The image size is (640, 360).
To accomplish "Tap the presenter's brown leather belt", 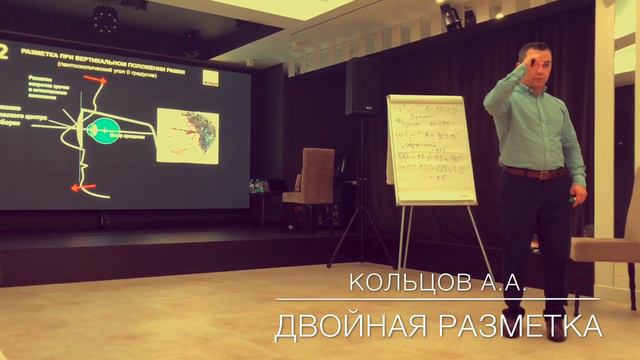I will pyautogui.click(x=534, y=173).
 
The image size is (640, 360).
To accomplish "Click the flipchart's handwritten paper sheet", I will pyautogui.click(x=432, y=147).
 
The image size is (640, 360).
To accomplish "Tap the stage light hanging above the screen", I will pyautogui.click(x=105, y=15).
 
